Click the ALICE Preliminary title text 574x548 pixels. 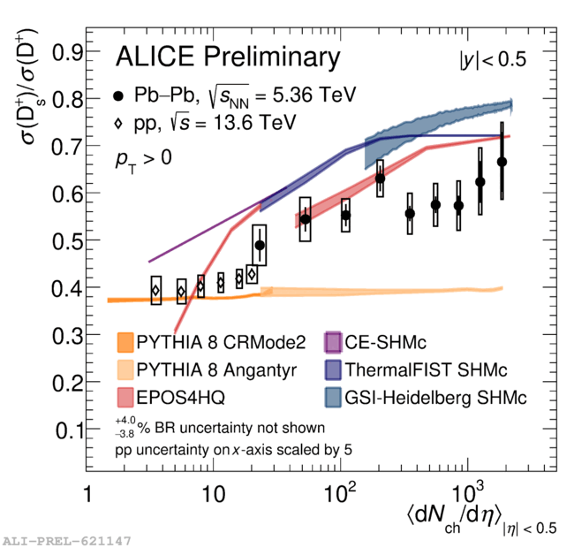(228, 58)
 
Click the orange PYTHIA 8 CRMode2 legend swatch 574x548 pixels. (127, 342)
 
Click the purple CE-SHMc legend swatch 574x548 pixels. (334, 342)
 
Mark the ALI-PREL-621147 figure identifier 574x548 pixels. (68, 538)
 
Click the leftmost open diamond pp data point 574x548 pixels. (155, 290)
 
